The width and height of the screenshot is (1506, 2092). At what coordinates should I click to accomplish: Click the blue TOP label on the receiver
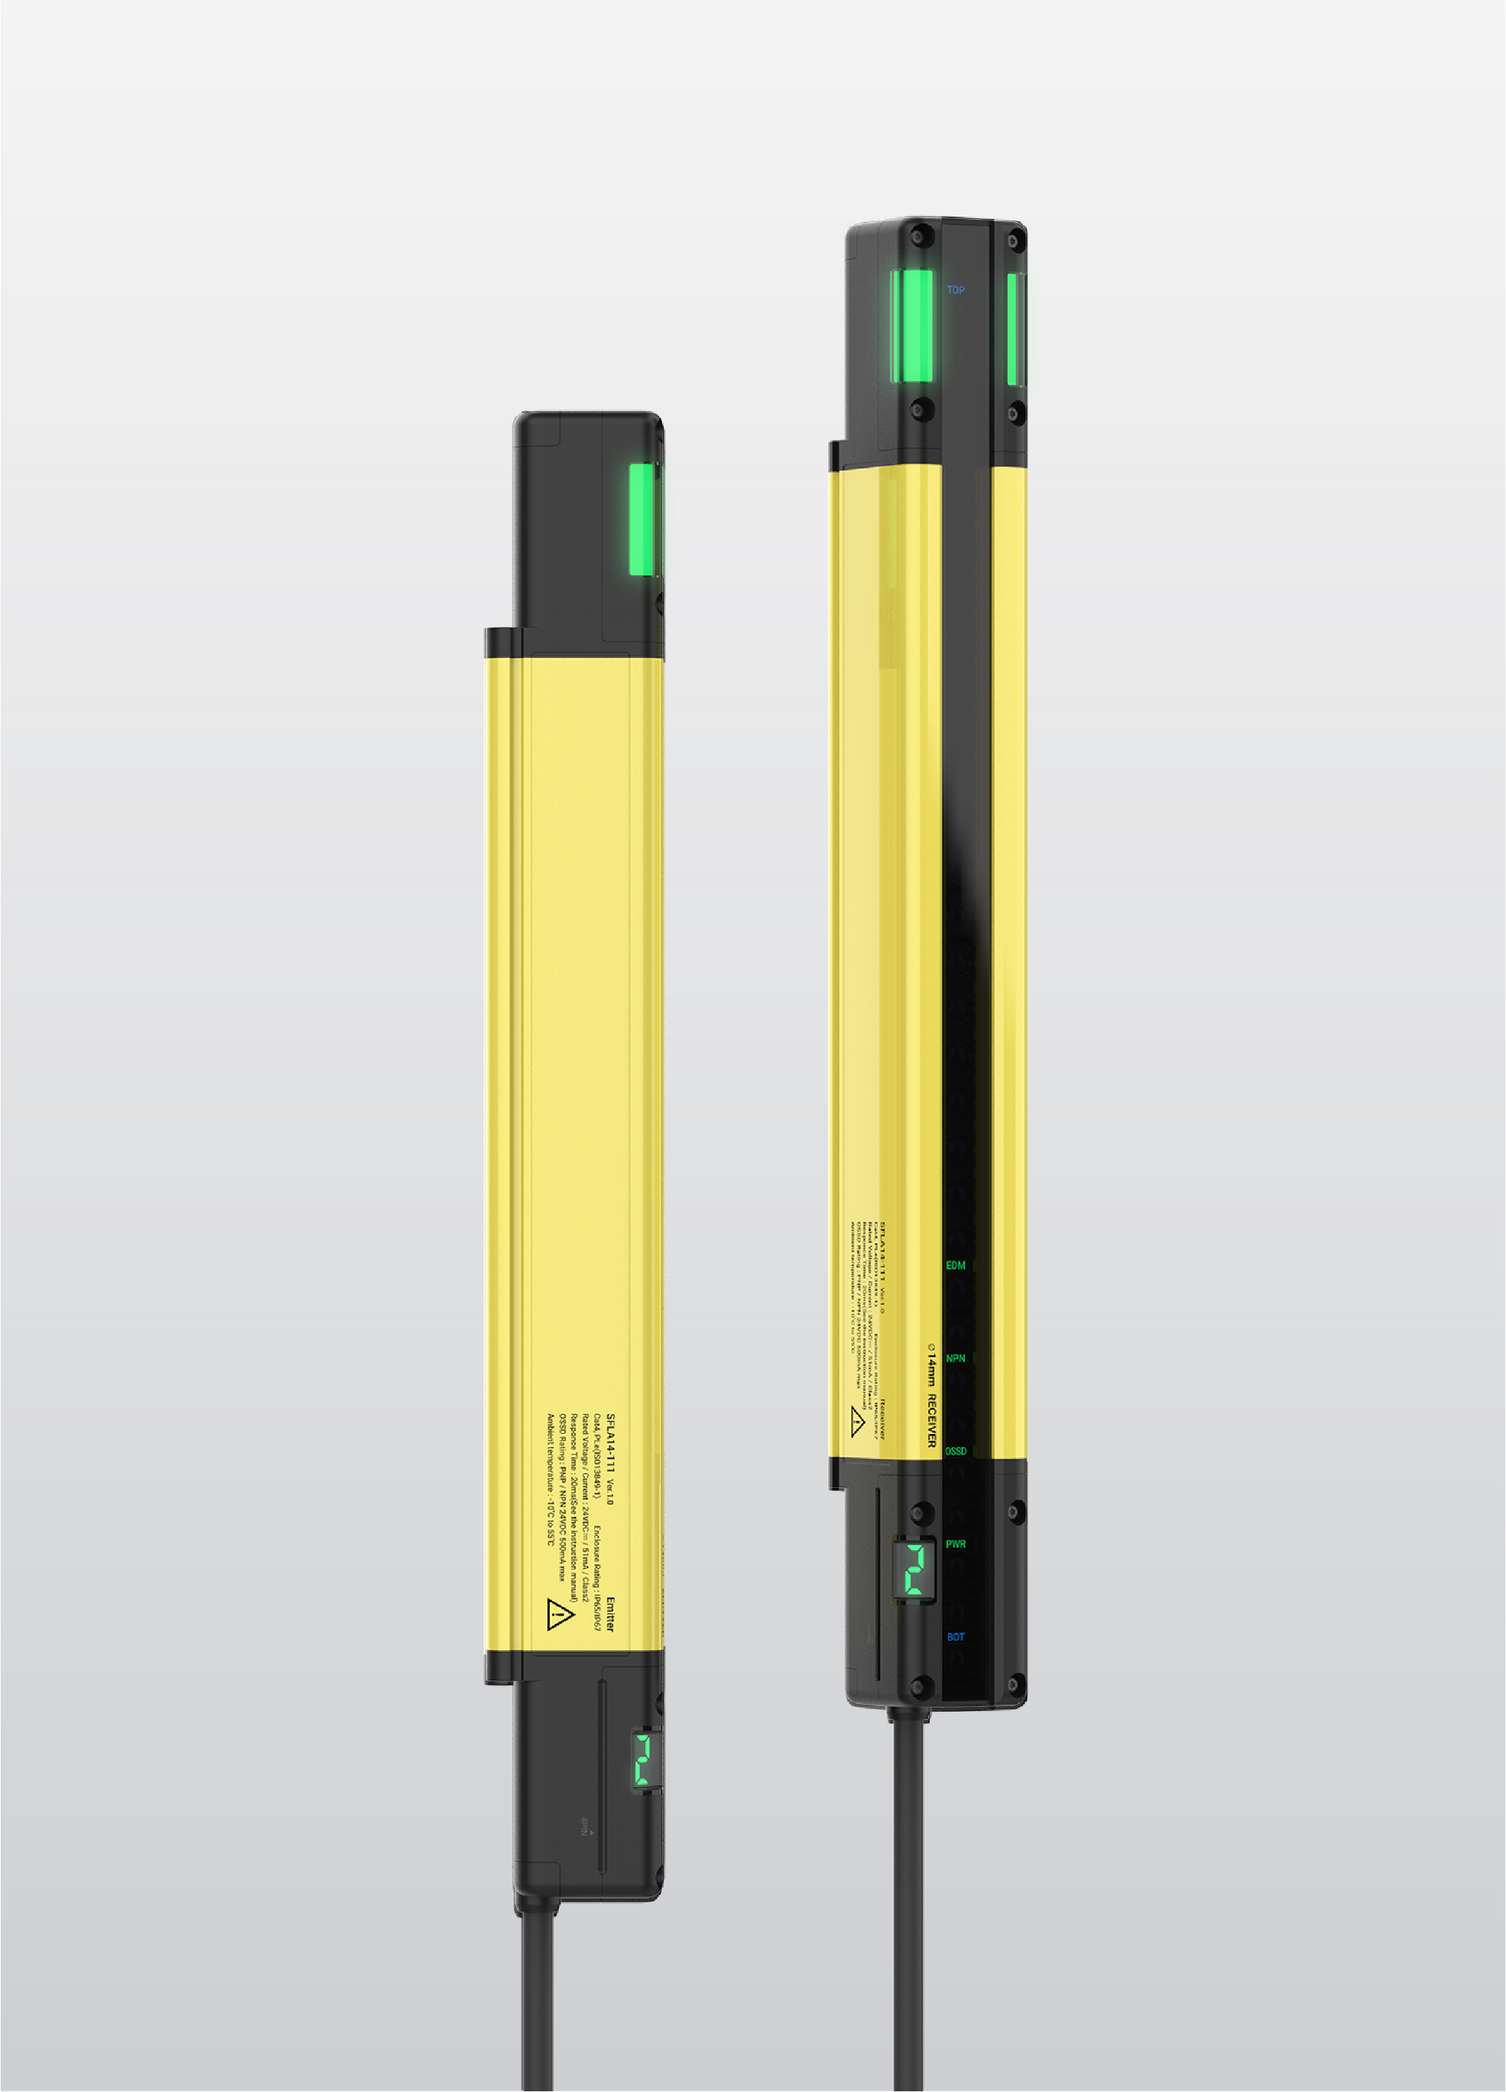coord(955,290)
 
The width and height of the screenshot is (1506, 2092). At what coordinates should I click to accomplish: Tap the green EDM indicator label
coord(955,1266)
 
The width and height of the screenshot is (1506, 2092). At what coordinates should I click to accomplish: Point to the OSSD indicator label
coord(955,1451)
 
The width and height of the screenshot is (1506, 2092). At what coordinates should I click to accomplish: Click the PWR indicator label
coord(955,1544)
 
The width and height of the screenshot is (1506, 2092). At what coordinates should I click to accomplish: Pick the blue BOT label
coord(955,1637)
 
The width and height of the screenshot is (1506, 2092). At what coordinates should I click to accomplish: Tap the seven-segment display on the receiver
coord(914,1569)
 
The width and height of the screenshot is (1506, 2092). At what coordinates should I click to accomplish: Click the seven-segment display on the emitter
coord(644,1760)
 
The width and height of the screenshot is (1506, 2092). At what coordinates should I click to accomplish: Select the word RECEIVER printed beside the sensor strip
coord(932,1421)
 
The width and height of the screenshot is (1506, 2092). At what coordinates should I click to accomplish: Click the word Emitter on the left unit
coord(610,1614)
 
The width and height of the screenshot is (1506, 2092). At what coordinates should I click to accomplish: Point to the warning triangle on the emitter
coord(559,1614)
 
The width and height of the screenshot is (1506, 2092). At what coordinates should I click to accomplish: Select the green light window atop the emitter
coord(643,519)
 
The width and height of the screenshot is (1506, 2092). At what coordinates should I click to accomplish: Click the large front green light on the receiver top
coord(913,326)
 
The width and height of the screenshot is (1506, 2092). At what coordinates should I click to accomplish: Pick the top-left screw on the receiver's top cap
coord(918,237)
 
